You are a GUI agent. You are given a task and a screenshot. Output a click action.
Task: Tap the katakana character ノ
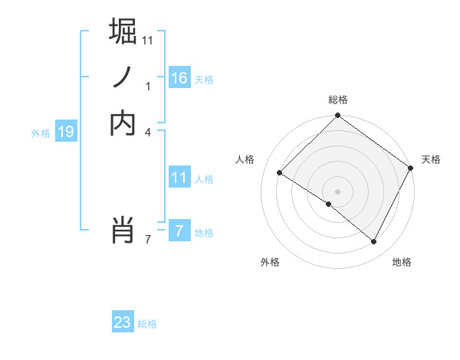[x=123, y=77]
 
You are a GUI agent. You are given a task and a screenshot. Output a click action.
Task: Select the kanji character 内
[x=123, y=123]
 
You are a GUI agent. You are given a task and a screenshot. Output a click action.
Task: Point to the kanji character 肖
[x=123, y=229]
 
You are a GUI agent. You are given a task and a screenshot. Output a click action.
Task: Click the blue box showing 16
[x=179, y=77]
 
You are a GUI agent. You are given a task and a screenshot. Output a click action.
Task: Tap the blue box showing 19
[x=66, y=132]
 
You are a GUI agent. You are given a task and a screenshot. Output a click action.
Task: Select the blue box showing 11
[x=179, y=178]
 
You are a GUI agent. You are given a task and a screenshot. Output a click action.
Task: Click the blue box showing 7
[x=179, y=231]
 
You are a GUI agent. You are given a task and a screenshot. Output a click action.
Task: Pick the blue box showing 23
[x=123, y=322]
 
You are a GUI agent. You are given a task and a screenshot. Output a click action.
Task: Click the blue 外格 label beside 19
[x=41, y=133]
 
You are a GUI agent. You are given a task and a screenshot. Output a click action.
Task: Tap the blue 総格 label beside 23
[x=147, y=324]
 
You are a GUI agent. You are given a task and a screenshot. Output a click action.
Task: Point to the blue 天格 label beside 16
[x=204, y=80]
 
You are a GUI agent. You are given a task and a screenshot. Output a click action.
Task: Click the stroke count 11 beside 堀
[x=148, y=39]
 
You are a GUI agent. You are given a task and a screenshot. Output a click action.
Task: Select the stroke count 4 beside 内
[x=148, y=133]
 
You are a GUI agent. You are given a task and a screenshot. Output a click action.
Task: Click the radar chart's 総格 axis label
[x=338, y=100]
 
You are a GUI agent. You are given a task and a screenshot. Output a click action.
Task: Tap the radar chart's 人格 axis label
[x=245, y=159]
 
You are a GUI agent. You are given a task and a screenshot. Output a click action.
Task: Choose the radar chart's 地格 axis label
[x=402, y=262]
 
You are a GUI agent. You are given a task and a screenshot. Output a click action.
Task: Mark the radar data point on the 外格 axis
[x=329, y=205]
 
